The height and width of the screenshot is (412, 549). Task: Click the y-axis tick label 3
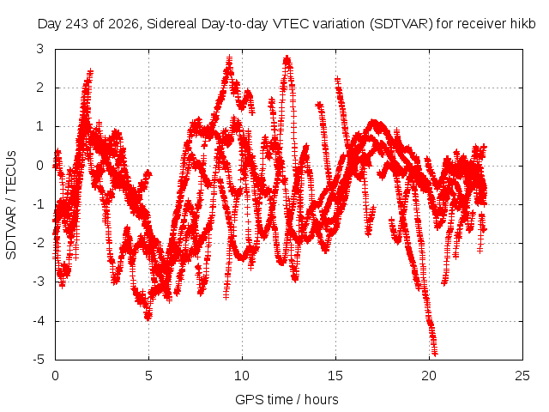(x=40, y=49)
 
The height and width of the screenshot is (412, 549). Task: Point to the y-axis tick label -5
(x=38, y=360)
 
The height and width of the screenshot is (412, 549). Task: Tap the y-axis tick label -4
(x=38, y=321)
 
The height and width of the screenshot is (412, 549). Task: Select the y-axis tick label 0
(x=40, y=166)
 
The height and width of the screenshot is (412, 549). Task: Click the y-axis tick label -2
(x=38, y=243)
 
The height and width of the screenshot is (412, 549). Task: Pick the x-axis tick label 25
(x=522, y=376)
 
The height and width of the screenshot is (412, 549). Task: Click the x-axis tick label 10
(x=242, y=376)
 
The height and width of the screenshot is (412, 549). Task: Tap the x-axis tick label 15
(x=335, y=376)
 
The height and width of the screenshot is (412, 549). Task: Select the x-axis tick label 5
(x=148, y=376)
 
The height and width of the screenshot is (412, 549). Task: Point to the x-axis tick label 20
(x=429, y=376)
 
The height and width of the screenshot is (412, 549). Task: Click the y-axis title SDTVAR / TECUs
(x=11, y=205)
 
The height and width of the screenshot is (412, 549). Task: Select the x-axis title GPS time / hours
(x=287, y=399)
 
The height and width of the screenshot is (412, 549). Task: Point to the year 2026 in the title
(x=123, y=24)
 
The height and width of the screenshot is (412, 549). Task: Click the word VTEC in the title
(x=291, y=24)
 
